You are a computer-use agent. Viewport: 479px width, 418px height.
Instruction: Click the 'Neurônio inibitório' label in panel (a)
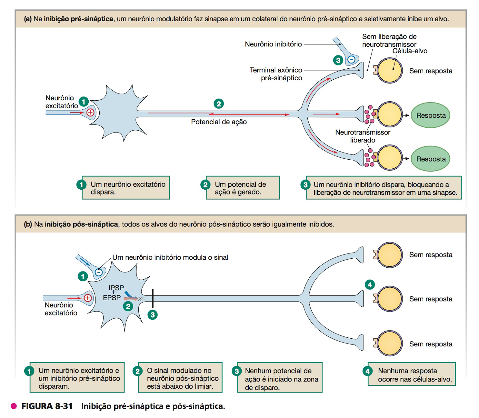click(273, 44)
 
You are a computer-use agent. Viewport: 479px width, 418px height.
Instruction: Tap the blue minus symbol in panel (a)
click(351, 60)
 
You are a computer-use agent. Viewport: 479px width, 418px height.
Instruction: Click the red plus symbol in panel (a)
click(90, 112)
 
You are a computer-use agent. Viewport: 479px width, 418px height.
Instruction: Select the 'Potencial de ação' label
click(219, 122)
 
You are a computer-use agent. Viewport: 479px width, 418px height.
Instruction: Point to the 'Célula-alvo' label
click(410, 51)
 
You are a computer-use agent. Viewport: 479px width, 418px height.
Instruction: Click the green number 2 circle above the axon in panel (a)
click(219, 104)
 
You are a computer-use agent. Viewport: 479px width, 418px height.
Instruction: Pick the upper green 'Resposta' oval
click(431, 115)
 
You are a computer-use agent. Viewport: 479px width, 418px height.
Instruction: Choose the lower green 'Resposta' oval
click(431, 159)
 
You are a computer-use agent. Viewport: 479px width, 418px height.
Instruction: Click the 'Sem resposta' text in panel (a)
click(431, 71)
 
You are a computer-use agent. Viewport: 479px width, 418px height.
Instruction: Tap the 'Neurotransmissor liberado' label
click(363, 136)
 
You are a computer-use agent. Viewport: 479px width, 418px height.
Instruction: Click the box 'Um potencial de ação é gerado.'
click(242, 188)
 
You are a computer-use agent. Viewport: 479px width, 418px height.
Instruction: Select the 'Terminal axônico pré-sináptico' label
click(276, 74)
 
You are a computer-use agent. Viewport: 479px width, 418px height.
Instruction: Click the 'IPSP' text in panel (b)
click(116, 288)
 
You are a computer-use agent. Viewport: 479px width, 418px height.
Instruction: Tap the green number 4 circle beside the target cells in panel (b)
click(370, 285)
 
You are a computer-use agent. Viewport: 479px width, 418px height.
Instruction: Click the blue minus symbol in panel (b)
click(99, 272)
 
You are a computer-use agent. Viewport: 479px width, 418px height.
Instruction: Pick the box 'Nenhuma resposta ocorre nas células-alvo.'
click(411, 375)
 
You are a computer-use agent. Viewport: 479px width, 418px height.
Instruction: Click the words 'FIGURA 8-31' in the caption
click(47, 406)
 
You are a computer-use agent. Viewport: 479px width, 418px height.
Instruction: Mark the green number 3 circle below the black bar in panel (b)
click(153, 315)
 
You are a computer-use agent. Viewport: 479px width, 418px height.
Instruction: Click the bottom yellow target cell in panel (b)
click(389, 343)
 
